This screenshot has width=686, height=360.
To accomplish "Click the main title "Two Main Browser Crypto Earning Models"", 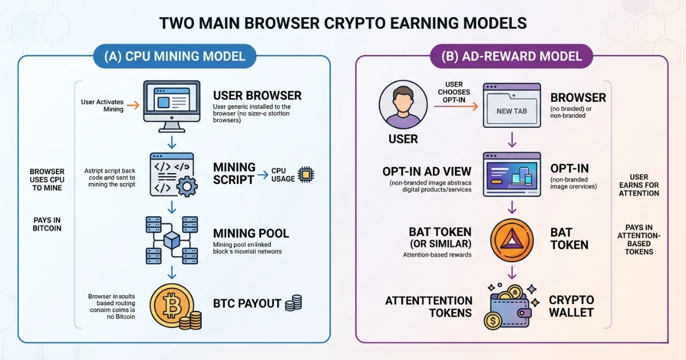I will [x=342, y=23].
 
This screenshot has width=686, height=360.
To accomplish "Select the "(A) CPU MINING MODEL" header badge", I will [x=175, y=56].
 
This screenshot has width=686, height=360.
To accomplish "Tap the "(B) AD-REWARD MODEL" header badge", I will [x=512, y=56].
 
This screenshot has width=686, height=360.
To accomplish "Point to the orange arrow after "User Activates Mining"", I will [x=132, y=106].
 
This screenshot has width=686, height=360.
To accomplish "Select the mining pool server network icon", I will [x=172, y=240].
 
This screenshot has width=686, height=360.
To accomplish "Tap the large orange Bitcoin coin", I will [x=169, y=306].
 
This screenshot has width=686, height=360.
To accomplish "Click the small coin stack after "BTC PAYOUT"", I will [x=293, y=303].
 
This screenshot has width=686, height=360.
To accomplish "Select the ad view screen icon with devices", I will [x=512, y=174].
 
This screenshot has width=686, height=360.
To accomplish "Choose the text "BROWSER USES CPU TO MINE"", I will [x=47, y=179].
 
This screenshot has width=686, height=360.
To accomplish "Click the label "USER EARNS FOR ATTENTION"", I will [x=639, y=185].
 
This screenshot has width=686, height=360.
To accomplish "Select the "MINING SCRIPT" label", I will [x=234, y=173].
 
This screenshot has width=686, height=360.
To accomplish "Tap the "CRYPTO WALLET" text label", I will [x=571, y=306].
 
